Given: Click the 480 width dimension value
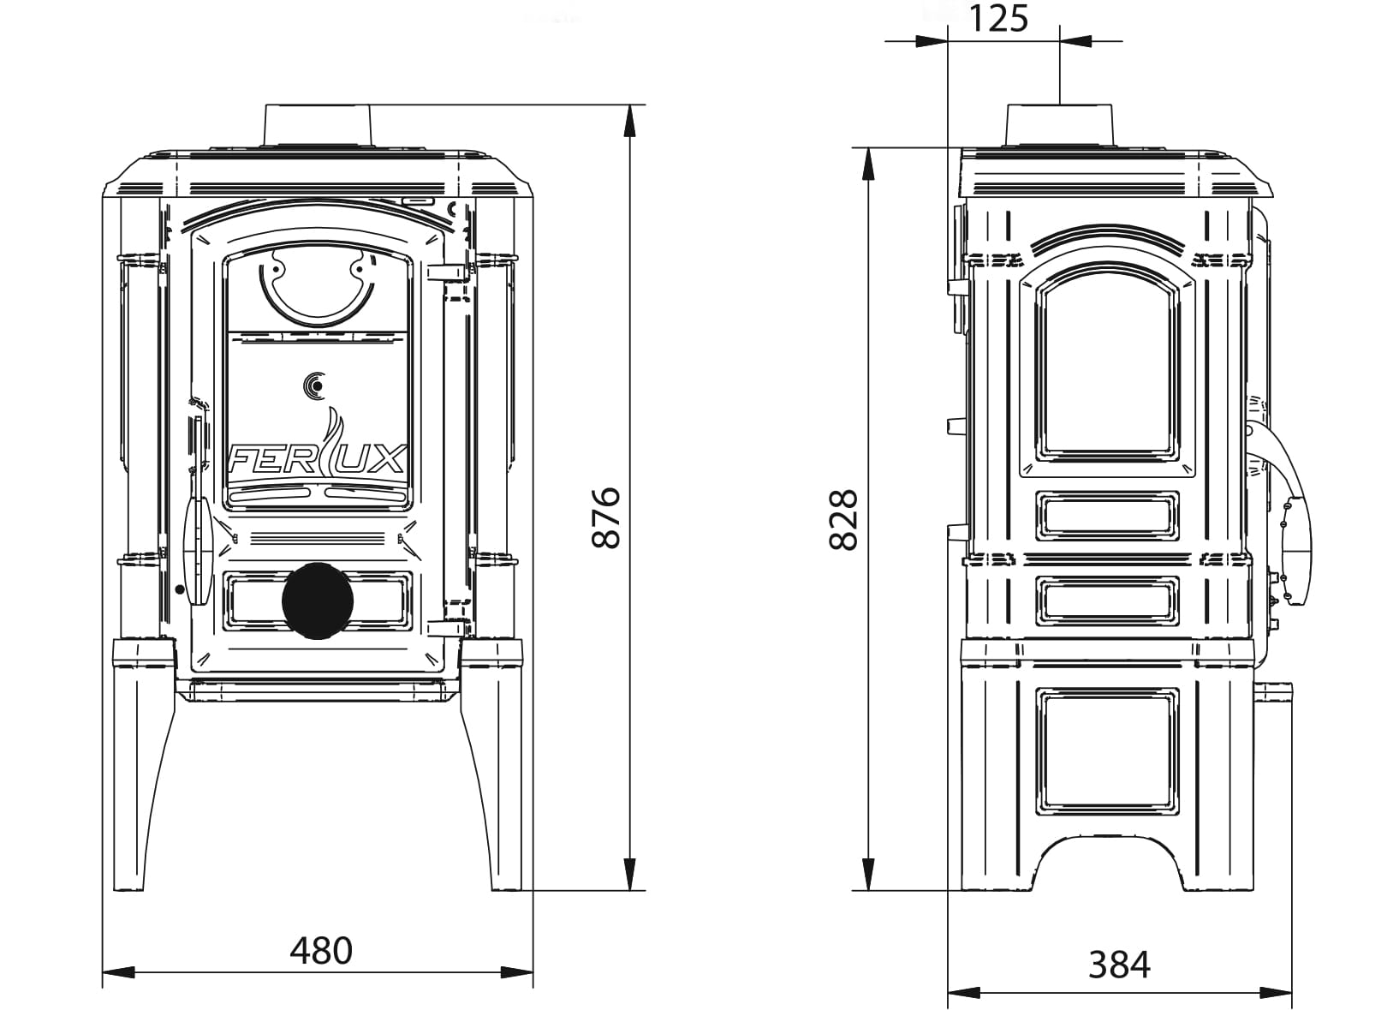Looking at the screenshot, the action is (x=321, y=951).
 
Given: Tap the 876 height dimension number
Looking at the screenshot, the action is (x=605, y=518).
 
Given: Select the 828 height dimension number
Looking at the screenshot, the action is (x=843, y=520).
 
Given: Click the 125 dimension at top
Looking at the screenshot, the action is (x=998, y=19).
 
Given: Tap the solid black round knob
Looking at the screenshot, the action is (x=318, y=601).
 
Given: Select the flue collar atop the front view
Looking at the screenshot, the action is (x=318, y=125).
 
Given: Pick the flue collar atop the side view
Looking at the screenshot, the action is (x=1059, y=125).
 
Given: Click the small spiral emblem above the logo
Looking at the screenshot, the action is (x=315, y=385).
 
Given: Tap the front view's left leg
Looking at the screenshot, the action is (x=145, y=765).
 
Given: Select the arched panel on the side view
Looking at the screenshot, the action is (x=1107, y=368).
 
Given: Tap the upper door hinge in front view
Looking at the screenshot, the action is (x=449, y=271).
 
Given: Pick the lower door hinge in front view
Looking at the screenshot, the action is (x=449, y=627).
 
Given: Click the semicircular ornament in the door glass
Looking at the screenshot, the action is (x=318, y=292).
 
